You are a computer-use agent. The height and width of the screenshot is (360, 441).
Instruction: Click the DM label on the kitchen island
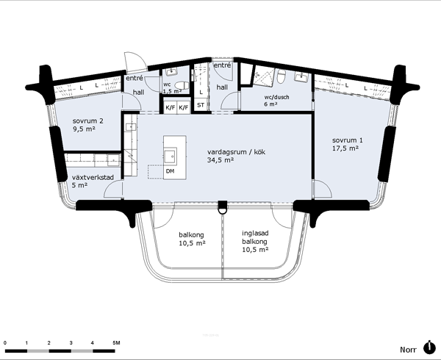(170, 171)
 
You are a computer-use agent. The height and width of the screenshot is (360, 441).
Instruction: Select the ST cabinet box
(201, 105)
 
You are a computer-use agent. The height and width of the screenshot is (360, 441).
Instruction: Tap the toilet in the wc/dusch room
(282, 76)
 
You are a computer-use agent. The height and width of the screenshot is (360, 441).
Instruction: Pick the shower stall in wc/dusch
(264, 76)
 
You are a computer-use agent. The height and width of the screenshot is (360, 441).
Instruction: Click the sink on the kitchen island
(171, 156)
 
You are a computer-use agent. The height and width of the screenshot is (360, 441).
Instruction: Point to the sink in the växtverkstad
(114, 159)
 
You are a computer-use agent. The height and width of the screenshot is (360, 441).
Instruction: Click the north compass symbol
(429, 348)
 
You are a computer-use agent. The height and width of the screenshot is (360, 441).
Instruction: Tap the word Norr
(409, 350)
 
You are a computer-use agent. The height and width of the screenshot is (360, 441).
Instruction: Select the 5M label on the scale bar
(116, 343)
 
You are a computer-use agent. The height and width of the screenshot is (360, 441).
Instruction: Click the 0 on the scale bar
(5, 343)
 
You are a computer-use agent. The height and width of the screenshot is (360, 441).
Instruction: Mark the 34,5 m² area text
(220, 160)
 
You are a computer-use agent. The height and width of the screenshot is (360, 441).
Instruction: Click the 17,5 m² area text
(345, 148)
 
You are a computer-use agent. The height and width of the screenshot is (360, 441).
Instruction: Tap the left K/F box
(171, 107)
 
